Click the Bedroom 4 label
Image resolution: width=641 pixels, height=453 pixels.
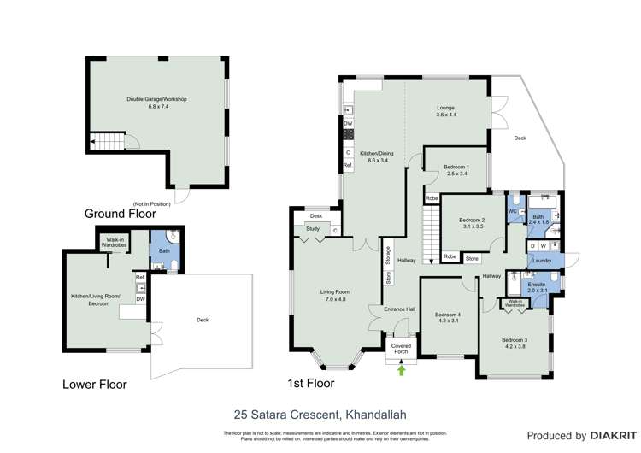point(447,317)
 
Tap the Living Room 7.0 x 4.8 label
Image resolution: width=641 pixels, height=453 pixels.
point(329,296)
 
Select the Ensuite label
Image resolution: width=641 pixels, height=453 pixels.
point(535,286)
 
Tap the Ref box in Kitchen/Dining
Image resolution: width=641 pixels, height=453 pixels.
point(348,165)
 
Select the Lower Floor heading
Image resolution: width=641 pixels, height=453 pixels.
point(94,385)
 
